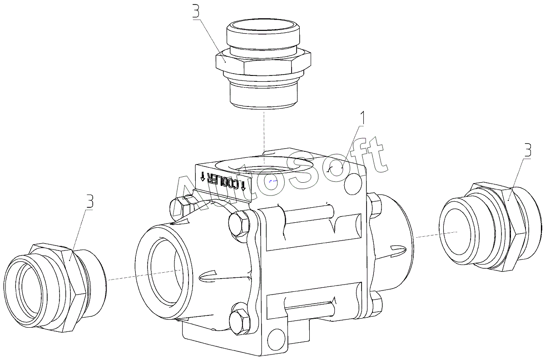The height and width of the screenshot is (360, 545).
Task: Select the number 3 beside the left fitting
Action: click(89, 201)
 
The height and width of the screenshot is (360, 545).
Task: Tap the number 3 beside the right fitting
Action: click(527, 150)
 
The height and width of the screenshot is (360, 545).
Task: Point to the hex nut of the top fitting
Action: click(263, 62)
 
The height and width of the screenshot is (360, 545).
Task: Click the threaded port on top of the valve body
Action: click(264, 168)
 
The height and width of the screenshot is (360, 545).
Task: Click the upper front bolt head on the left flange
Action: click(239, 224)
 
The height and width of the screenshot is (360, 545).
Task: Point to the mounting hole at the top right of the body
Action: click(353, 184)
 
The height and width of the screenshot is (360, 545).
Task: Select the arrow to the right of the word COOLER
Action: click(243, 186)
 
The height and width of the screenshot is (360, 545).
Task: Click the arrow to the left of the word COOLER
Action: click(202, 176)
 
